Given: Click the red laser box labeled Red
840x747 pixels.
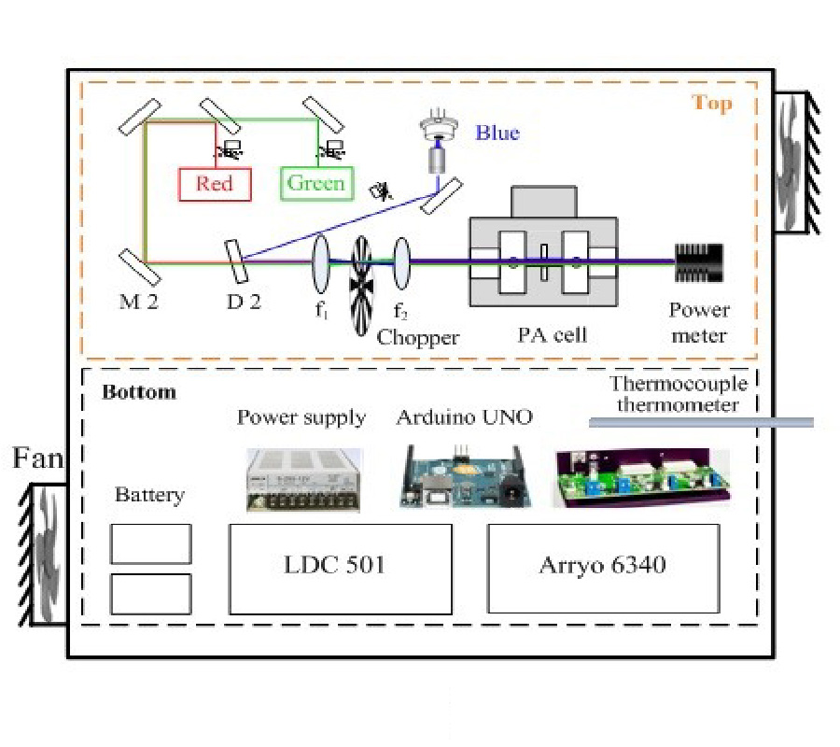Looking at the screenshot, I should click(215, 184).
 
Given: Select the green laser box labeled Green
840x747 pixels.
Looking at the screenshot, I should click(316, 183).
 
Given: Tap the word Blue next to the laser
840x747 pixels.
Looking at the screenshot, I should click(497, 133).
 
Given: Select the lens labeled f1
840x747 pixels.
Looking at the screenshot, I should click(319, 262).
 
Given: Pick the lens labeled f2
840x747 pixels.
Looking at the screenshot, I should click(401, 262).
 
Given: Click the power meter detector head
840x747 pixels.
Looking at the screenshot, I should click(699, 262).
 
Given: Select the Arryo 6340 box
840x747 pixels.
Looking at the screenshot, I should click(603, 568).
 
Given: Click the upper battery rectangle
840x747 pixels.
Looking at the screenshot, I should click(150, 543).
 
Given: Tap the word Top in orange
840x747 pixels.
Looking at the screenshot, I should click(711, 103).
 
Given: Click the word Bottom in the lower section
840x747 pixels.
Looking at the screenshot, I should click(138, 391).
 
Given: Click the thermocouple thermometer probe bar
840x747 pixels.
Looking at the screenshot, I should click(700, 423).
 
